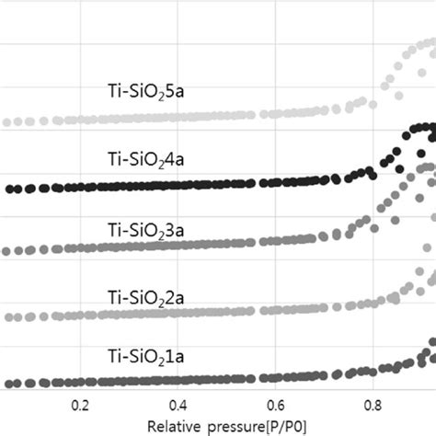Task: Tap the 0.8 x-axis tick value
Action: tap(373, 406)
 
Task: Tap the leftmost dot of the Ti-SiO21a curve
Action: tap(7, 384)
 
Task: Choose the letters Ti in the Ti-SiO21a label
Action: tap(116, 356)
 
